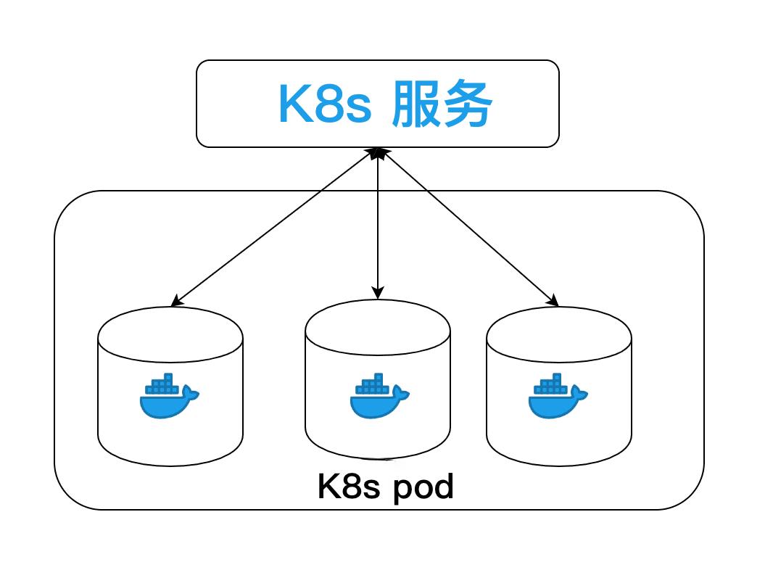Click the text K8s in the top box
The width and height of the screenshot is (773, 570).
(x=324, y=105)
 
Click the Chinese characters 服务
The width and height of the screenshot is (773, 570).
(x=442, y=105)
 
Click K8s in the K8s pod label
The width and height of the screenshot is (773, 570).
(x=349, y=487)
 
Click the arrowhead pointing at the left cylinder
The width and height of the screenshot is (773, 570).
(x=175, y=302)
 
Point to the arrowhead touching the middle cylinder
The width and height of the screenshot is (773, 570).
(x=377, y=294)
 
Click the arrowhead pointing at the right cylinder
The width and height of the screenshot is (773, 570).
(x=553, y=302)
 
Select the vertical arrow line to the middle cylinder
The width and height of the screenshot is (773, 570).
(x=377, y=225)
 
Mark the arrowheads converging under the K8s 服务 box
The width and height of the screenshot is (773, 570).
(x=377, y=153)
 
